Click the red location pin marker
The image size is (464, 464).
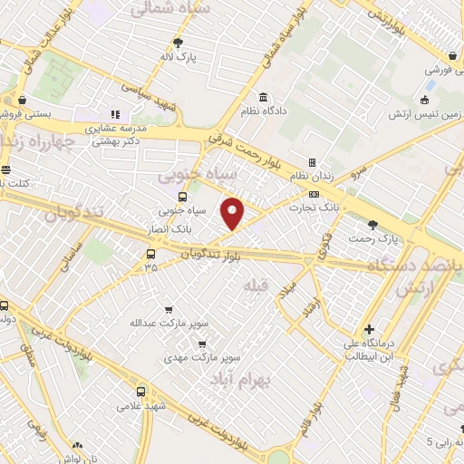click(234, 213)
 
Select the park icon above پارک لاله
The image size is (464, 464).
click(179, 42)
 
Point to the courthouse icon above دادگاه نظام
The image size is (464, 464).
click(263, 97)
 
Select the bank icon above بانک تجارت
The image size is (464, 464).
click(314, 193)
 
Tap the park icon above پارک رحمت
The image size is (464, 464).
click(372, 224)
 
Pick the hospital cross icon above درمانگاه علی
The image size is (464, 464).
click(367, 329)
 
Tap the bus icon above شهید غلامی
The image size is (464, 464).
click(140, 391)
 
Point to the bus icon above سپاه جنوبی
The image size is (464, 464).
click(183, 197)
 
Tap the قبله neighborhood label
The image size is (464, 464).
click(254, 285)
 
